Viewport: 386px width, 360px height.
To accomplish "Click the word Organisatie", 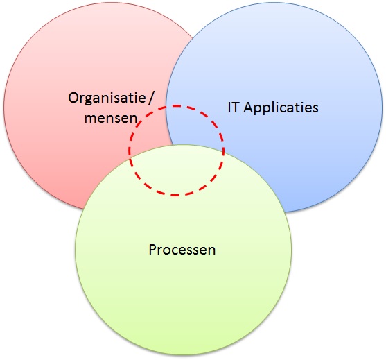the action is [x=107, y=98].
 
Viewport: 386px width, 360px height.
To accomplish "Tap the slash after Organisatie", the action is [x=151, y=98].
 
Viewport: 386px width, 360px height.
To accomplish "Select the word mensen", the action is [x=110, y=118].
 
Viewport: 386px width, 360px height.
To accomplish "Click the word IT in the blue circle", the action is [x=233, y=108].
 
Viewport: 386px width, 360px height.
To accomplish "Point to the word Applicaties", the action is [x=281, y=108].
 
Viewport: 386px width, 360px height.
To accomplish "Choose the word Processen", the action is [x=182, y=249].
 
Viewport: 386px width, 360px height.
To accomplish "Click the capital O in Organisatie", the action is [x=73, y=98].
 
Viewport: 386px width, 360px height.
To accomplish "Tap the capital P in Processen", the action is [x=152, y=249].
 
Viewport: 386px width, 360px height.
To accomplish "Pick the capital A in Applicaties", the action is [x=248, y=108].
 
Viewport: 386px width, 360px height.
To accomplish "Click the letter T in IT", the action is [x=235, y=108].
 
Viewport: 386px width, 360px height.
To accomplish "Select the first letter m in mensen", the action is [x=91, y=119].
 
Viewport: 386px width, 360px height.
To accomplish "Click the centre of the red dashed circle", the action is [x=176, y=151].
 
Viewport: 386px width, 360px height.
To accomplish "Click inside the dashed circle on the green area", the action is [x=176, y=170].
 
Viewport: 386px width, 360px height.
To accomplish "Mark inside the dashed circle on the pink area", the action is [x=150, y=138].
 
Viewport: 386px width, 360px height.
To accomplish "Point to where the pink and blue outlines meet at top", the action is [x=194, y=37].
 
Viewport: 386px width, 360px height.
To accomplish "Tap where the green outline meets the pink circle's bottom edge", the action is [x=83, y=209].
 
